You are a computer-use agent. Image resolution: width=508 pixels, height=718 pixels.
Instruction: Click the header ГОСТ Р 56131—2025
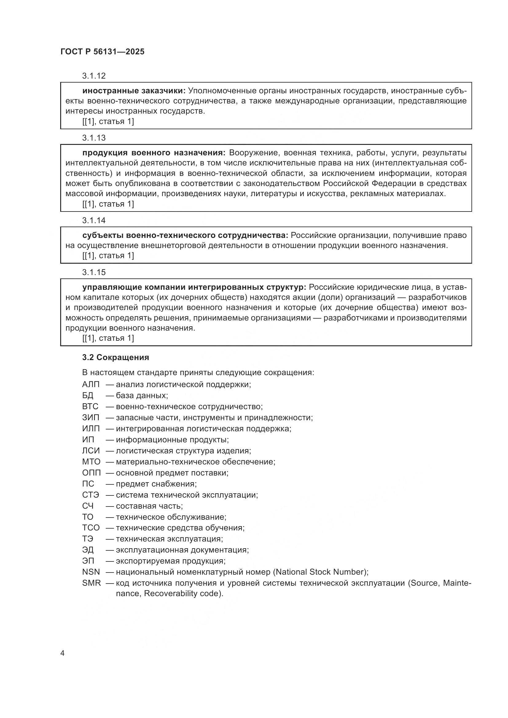[102, 52]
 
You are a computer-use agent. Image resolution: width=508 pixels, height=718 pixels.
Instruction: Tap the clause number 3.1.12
[94, 76]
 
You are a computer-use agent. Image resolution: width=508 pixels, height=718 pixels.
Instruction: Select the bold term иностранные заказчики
[134, 91]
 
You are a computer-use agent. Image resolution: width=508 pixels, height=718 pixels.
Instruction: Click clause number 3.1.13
[94, 138]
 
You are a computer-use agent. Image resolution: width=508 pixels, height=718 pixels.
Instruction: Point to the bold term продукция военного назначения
[154, 153]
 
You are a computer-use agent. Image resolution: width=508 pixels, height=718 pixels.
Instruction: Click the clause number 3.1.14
[94, 220]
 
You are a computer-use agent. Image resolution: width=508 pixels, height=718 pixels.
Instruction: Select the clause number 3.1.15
[94, 272]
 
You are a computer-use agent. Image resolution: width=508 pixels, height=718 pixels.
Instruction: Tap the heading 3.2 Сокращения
[115, 357]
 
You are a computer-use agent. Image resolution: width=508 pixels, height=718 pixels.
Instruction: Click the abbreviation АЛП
[91, 384]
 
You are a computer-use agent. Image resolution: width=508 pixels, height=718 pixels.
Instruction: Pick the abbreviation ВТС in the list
[90, 406]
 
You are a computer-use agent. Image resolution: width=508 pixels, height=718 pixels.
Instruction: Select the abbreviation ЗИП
[91, 417]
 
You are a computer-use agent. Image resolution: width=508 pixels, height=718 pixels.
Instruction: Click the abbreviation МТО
[91, 462]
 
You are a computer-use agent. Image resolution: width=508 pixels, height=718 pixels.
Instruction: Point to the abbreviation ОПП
[91, 472]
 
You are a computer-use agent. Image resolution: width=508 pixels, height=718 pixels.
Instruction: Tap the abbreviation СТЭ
[90, 495]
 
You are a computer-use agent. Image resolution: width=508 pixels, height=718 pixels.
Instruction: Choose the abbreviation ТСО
[91, 528]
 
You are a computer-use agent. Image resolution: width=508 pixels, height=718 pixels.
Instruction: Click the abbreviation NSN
[91, 572]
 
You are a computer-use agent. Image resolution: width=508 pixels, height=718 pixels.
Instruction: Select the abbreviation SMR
[91, 583]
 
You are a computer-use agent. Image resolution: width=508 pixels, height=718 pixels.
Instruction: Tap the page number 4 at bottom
[62, 653]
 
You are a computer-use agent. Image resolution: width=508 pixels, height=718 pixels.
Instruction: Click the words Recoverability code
[182, 593]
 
